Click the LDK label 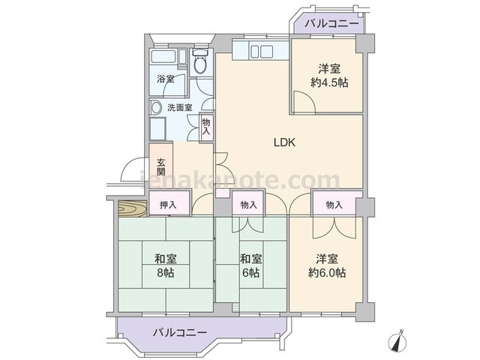pyautogui.click(x=284, y=142)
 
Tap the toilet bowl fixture pyautogui.click(x=200, y=61)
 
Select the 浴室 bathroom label pyautogui.click(x=166, y=79)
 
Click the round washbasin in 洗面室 pyautogui.click(x=157, y=107)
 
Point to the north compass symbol pyautogui.click(x=398, y=340)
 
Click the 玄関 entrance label pyautogui.click(x=161, y=166)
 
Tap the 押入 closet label pyautogui.click(x=168, y=205)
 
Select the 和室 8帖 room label pyautogui.click(x=166, y=265)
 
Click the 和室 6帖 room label pyautogui.click(x=250, y=265)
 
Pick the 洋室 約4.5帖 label pyautogui.click(x=329, y=76)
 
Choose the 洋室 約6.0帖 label pyautogui.click(x=327, y=265)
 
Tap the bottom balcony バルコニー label pyautogui.click(x=180, y=332)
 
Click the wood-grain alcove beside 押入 pyautogui.click(x=132, y=208)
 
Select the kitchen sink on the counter pyautogui.click(x=262, y=51)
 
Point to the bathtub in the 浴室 pyautogui.click(x=163, y=57)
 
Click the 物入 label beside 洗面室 pyautogui.click(x=206, y=127)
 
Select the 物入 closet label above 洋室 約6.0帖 pyautogui.click(x=334, y=205)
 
